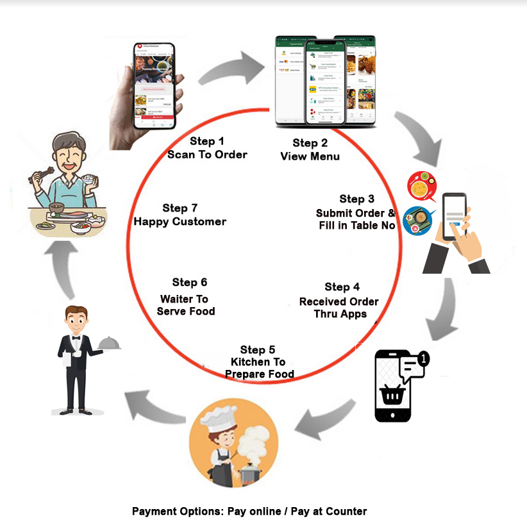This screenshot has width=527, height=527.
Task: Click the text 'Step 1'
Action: coord(207,141)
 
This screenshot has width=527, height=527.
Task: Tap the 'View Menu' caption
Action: coord(310,156)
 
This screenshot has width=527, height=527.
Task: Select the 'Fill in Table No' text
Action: coord(357,225)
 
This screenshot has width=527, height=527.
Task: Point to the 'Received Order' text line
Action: coord(339,301)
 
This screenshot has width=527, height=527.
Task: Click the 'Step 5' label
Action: coord(258,349)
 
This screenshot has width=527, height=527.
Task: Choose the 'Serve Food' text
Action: coord(186,311)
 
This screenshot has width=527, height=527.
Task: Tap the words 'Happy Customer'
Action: coord(180,222)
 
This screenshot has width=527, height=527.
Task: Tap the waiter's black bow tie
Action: coord(76,336)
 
